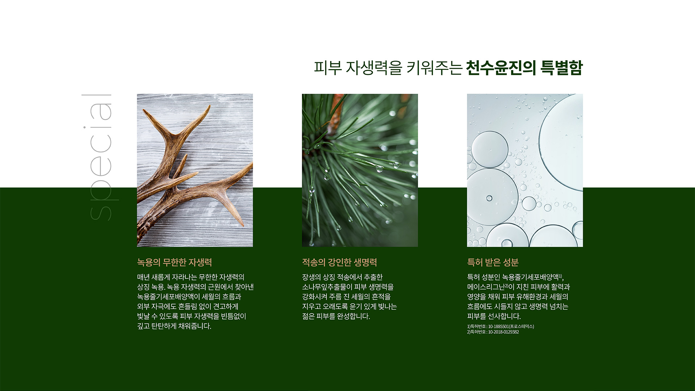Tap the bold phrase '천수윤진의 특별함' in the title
(x=524, y=68)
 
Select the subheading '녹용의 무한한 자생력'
(x=174, y=262)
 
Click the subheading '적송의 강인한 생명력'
(x=340, y=262)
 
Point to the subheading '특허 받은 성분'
(x=493, y=262)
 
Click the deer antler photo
(x=195, y=170)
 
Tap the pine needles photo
(x=360, y=170)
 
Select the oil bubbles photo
(x=525, y=170)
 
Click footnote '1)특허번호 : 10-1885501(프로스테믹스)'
(x=501, y=326)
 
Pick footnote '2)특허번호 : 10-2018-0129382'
(x=493, y=332)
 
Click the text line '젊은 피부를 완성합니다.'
(x=336, y=316)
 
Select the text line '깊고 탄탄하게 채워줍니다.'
(x=174, y=326)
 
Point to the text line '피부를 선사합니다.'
(x=494, y=316)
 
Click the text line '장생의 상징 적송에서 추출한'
(x=342, y=277)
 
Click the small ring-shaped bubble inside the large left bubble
(x=489, y=198)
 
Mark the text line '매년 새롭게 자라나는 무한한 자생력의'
(x=191, y=277)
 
